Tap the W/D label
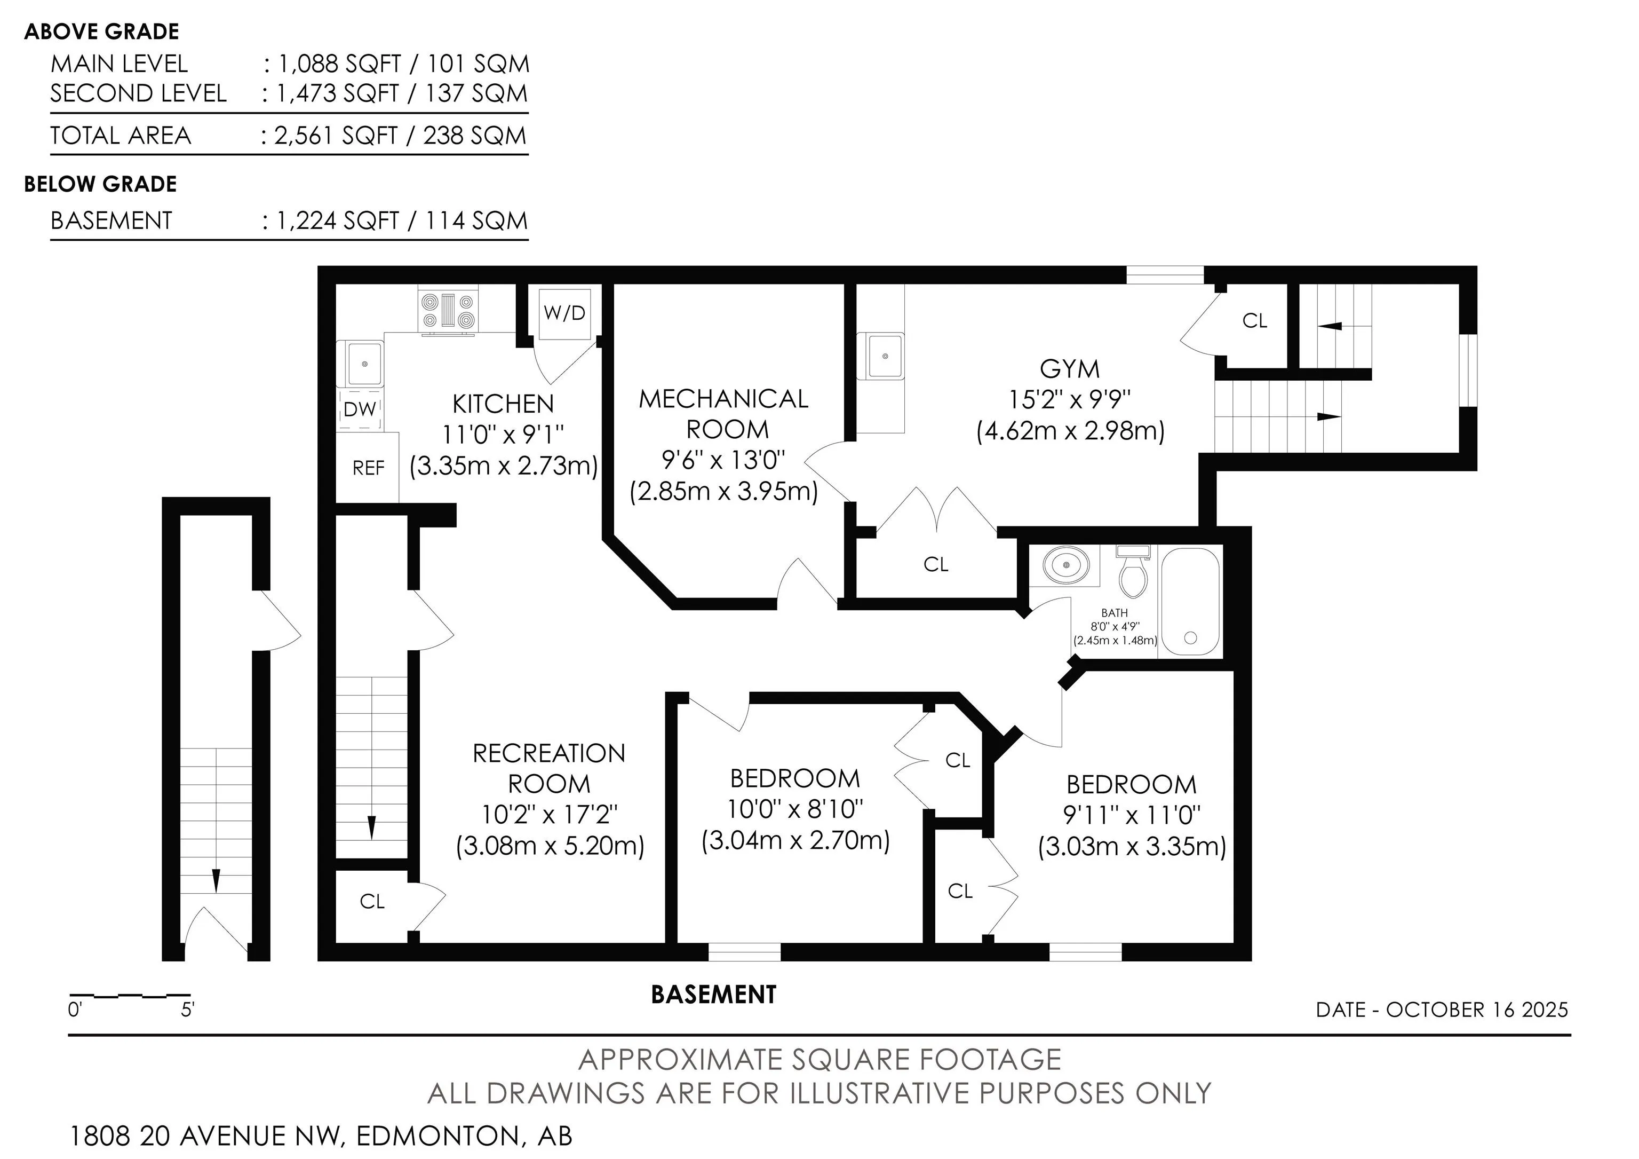click(564, 313)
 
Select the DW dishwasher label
click(360, 409)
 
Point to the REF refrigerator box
click(368, 467)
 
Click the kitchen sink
click(365, 364)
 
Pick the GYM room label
click(1069, 368)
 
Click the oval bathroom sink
click(1066, 565)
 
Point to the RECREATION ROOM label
click(549, 768)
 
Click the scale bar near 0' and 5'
click(130, 995)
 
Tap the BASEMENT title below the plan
click(713, 994)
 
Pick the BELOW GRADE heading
click(101, 184)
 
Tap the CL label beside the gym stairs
click(1254, 321)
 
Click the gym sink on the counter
click(885, 356)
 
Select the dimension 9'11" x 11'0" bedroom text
click(1132, 815)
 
